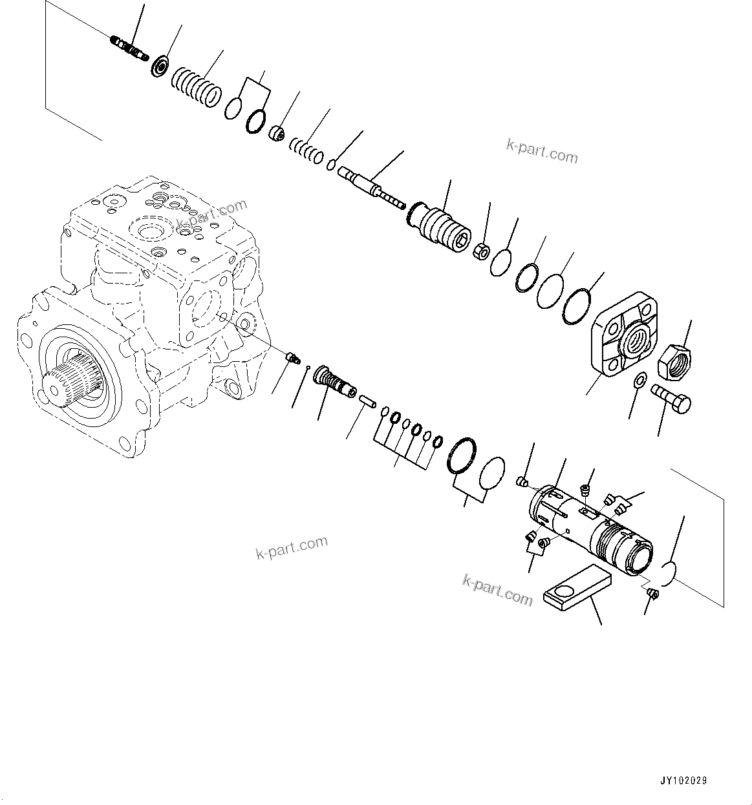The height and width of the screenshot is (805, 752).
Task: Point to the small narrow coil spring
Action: coord(306,149)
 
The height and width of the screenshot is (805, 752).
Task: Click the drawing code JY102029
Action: coord(683,781)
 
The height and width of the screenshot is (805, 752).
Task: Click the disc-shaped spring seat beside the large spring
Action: coord(160,67)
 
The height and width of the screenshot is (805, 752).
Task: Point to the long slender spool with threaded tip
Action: coord(371,186)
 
